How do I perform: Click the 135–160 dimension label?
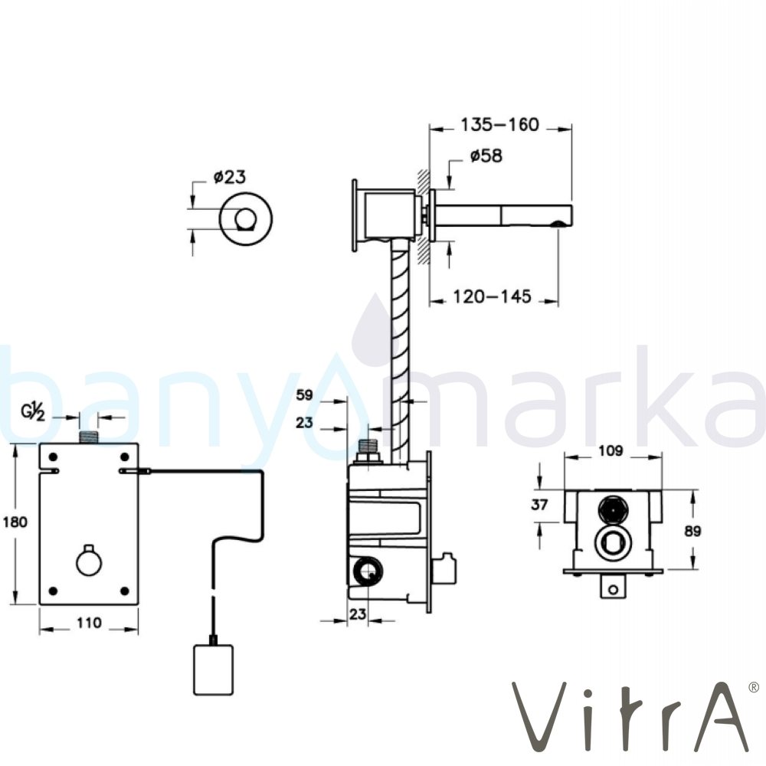(x=499, y=125)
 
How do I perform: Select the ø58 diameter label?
(x=486, y=155)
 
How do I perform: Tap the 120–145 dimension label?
(x=492, y=296)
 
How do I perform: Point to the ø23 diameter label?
(x=230, y=177)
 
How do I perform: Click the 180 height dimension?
(x=15, y=522)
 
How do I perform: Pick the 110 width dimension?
(x=89, y=623)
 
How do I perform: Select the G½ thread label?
(x=33, y=413)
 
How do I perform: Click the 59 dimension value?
(x=304, y=394)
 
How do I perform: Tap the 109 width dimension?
(x=611, y=450)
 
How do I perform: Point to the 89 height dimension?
(x=692, y=531)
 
